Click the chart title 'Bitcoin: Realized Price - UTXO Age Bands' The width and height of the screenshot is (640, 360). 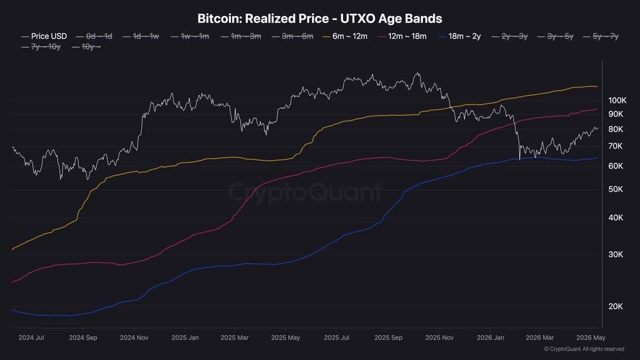319,19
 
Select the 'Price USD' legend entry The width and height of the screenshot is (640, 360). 44,36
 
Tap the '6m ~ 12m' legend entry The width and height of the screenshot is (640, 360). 345,36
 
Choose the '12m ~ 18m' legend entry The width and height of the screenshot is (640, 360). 402,36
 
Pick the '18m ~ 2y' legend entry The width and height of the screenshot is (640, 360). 460,36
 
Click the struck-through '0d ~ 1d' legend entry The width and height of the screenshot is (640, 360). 94,36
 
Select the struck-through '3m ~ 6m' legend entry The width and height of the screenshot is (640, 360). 292,36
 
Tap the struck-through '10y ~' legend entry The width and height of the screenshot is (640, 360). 86,46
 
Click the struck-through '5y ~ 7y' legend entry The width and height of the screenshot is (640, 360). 601,36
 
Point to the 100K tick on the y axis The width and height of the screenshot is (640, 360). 618,101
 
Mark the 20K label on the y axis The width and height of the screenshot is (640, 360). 615,307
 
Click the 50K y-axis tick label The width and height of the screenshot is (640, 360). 615,189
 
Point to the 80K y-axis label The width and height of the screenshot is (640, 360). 615,130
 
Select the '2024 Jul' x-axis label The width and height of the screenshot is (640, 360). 31,338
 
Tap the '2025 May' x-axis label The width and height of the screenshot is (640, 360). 285,338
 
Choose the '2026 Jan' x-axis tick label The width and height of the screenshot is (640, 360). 490,338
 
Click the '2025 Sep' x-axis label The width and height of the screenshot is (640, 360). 388,338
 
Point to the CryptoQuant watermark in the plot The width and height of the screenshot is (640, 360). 305,193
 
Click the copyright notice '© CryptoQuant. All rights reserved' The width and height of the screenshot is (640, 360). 584,349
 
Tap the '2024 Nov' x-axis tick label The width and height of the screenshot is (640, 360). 134,338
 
